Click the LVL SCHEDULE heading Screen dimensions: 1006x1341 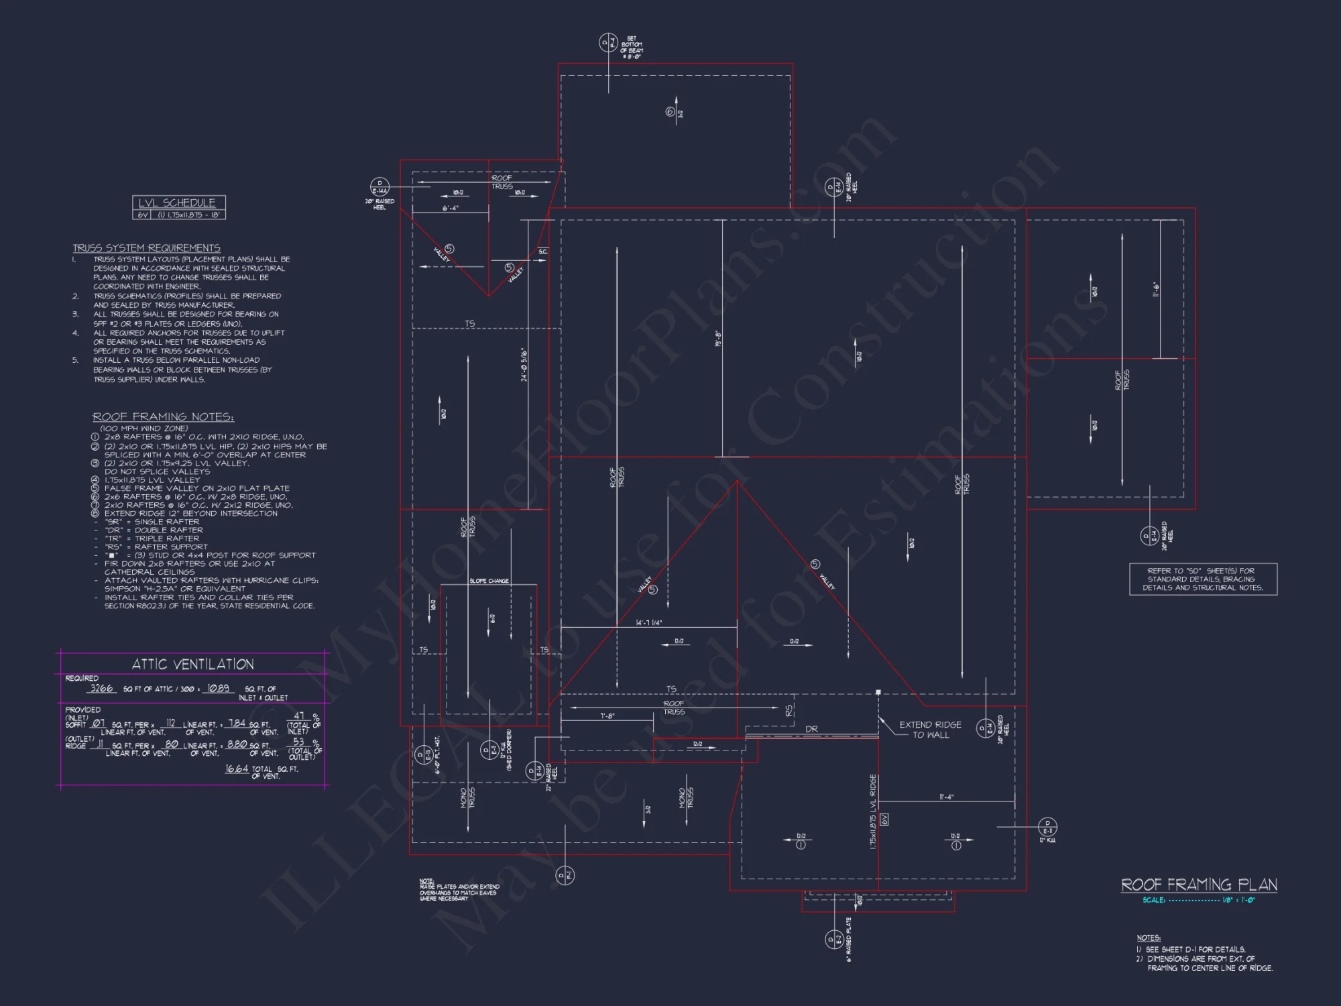177,203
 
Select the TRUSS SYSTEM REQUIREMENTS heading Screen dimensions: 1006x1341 146,248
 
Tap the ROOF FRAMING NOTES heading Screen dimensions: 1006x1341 163,416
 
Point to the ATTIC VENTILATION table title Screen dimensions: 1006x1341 192,664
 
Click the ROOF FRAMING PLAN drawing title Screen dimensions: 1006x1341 1199,885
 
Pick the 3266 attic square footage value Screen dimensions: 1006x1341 102,688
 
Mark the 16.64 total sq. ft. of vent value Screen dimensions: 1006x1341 237,769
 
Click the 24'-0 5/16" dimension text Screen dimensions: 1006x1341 524,365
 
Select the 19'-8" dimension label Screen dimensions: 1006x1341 718,338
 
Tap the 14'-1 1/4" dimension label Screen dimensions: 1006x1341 649,622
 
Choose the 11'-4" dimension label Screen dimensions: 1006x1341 946,797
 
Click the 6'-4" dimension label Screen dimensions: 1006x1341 451,208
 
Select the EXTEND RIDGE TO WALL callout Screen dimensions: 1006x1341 930,730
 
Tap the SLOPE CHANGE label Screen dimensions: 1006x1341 489,581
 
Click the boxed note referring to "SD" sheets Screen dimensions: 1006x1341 1203,579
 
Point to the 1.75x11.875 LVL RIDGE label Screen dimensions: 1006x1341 873,812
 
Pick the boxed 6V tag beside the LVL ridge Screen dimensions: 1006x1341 884,819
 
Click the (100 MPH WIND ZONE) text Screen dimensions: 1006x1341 144,428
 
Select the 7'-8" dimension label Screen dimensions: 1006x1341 607,716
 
